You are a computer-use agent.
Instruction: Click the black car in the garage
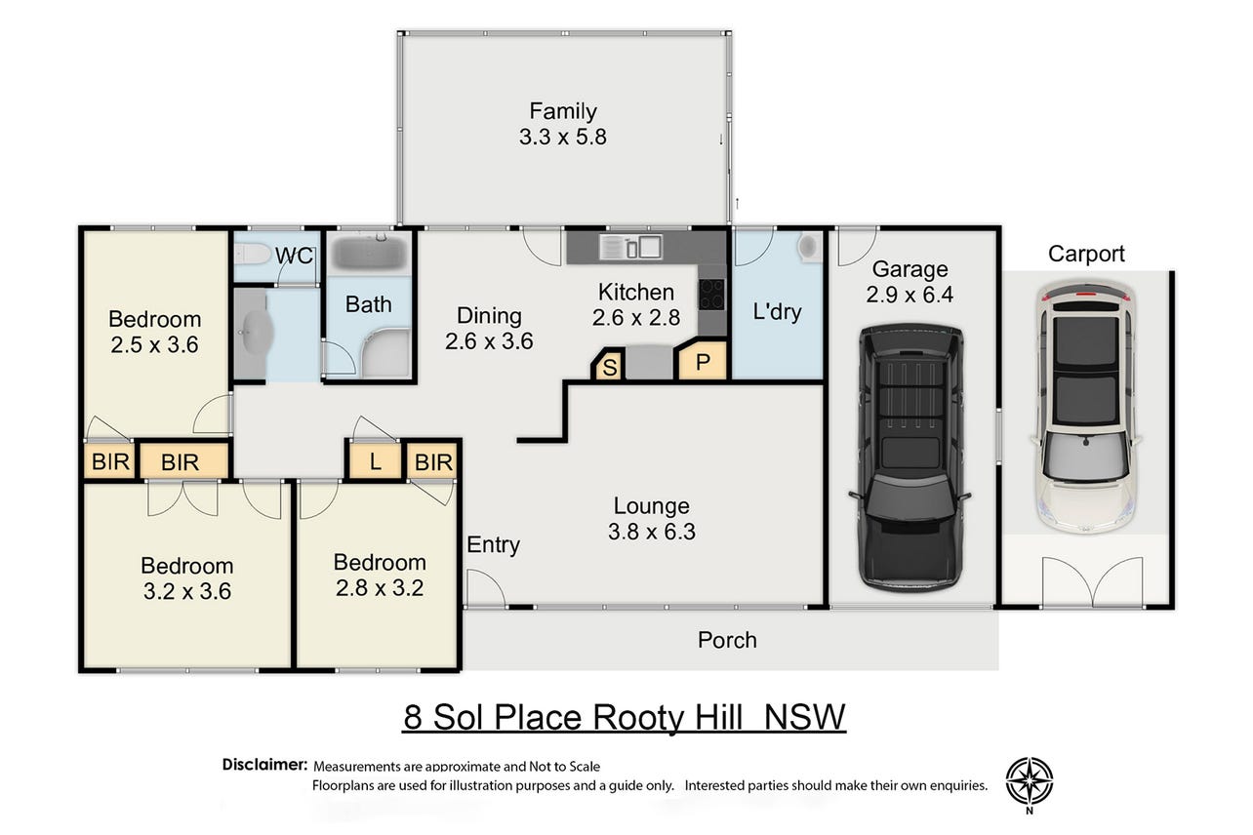(x=909, y=457)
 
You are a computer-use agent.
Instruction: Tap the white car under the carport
(x=1086, y=407)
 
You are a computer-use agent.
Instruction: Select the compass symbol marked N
(x=1030, y=784)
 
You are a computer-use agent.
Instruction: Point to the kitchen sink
(x=630, y=247)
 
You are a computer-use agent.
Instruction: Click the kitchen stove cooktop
(x=711, y=295)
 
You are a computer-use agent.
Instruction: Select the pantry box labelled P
(x=704, y=362)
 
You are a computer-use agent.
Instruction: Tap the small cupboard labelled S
(x=609, y=366)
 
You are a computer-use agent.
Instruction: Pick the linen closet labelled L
(x=376, y=461)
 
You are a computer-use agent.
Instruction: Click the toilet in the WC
(x=253, y=254)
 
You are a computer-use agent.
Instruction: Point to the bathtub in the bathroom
(x=369, y=253)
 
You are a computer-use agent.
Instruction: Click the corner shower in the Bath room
(x=385, y=352)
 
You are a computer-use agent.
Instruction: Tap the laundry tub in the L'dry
(x=808, y=246)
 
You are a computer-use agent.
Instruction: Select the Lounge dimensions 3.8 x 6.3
(x=652, y=532)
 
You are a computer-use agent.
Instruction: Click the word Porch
(x=727, y=640)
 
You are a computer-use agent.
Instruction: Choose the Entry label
(x=494, y=544)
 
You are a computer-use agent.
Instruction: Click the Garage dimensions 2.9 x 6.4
(x=909, y=295)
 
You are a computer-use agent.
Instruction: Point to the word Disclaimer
(x=264, y=764)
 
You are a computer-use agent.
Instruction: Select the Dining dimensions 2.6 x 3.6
(x=489, y=341)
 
